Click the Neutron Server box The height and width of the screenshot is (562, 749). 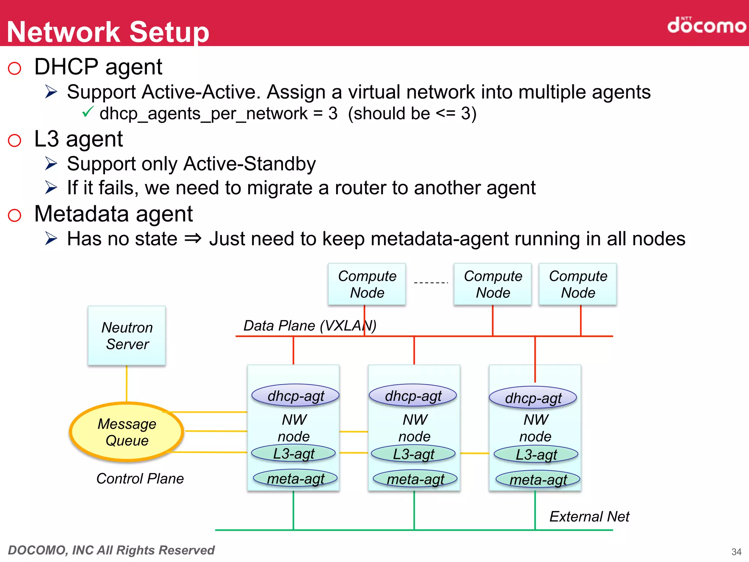point(127,336)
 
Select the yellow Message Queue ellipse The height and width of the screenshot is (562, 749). point(127,432)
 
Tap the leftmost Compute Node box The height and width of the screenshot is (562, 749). point(367,284)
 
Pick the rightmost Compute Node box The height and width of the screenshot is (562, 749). point(578,284)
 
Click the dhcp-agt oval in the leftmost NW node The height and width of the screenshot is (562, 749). point(296,396)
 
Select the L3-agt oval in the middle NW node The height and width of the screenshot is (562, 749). point(413,454)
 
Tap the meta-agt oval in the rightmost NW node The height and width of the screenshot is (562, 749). point(538,480)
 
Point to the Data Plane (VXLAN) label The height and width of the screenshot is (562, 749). point(309,325)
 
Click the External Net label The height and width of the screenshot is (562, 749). point(589,516)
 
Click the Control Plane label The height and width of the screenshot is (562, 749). point(140,479)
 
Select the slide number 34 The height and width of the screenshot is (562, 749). point(736,551)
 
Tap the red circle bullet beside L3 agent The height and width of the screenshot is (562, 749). point(15,140)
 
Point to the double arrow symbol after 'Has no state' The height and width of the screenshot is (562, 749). point(193,239)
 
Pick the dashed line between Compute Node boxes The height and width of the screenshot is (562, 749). point(430,282)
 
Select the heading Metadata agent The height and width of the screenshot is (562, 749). point(113,214)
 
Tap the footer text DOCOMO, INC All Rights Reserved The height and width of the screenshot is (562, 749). point(111,550)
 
